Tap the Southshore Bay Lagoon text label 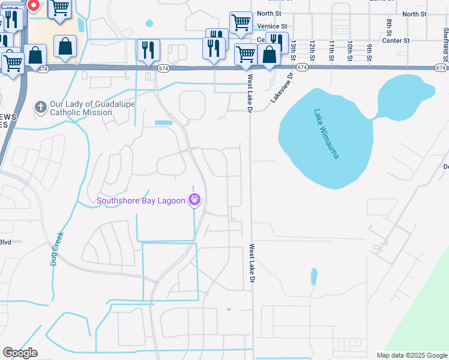pos(142,200)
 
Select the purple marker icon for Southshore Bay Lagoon pos(194,200)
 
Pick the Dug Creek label pos(58,248)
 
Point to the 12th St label pos(312,51)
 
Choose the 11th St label pos(331,51)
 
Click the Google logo pos(20,353)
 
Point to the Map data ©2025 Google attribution pos(412,355)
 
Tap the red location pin pos(34,6)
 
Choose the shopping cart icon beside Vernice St pos(241,23)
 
